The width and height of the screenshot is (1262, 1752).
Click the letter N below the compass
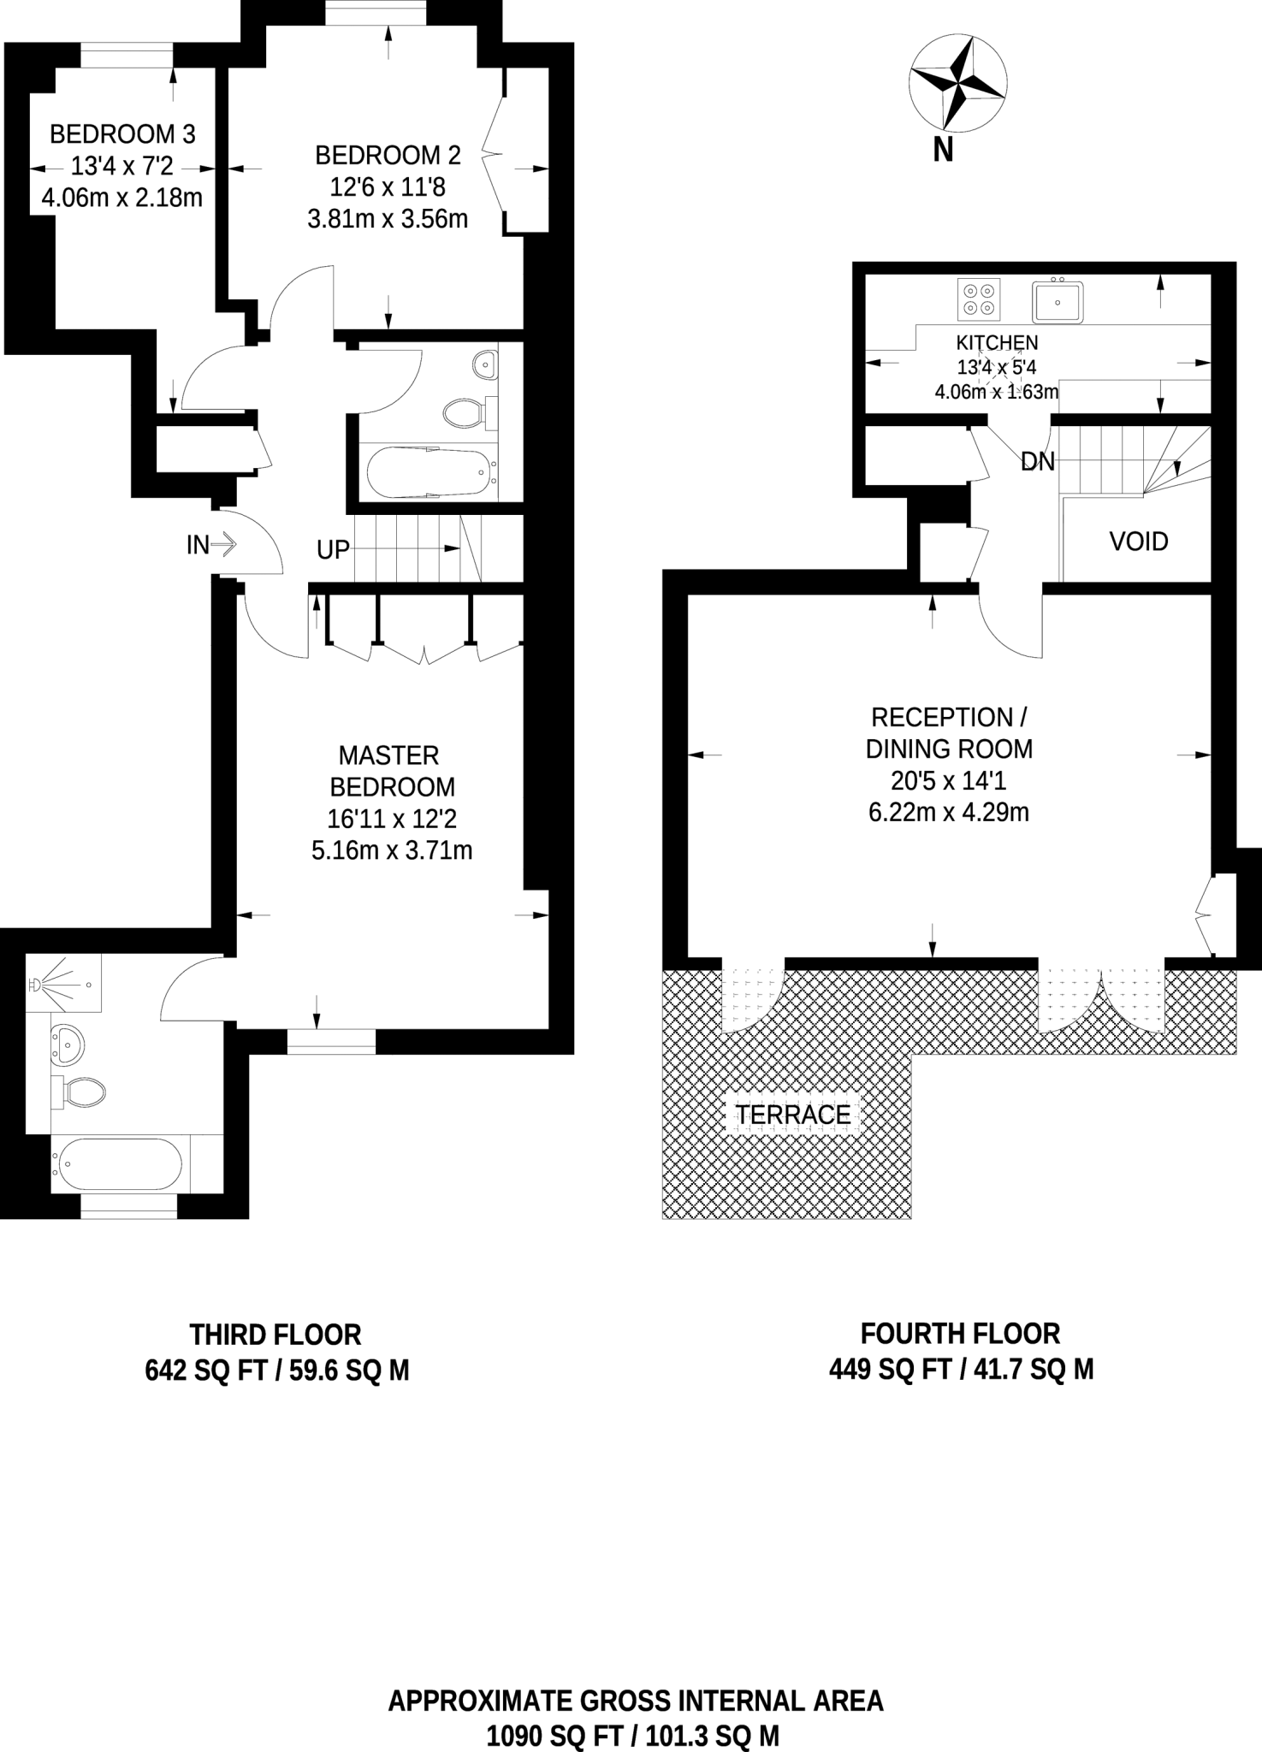pyautogui.click(x=943, y=150)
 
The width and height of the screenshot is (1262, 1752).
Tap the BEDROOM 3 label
pyautogui.click(x=122, y=134)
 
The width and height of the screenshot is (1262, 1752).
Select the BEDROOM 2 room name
pyautogui.click(x=388, y=156)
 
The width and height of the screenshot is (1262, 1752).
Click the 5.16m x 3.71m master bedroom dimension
pyautogui.click(x=392, y=850)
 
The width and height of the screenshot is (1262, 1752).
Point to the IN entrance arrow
pyautogui.click(x=222, y=544)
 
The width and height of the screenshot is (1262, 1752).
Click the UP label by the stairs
pyautogui.click(x=333, y=550)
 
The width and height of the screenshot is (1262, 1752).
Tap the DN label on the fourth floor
pyautogui.click(x=1037, y=462)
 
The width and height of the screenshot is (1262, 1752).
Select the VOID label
pyautogui.click(x=1138, y=542)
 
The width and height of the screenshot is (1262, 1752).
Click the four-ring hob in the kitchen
pyautogui.click(x=979, y=299)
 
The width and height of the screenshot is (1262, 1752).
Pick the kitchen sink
pyautogui.click(x=1058, y=302)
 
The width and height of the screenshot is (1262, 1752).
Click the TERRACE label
pyautogui.click(x=793, y=1115)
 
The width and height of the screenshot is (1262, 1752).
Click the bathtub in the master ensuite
pyautogui.click(x=117, y=1163)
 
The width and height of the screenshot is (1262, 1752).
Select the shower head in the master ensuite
pyautogui.click(x=36, y=985)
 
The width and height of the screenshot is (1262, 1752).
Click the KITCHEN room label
pyautogui.click(x=997, y=343)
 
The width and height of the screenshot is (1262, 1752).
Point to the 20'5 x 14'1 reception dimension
pyautogui.click(x=948, y=780)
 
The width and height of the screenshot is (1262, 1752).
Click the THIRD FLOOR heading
pyautogui.click(x=276, y=1335)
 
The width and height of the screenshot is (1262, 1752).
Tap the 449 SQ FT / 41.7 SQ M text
pyautogui.click(x=961, y=1370)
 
